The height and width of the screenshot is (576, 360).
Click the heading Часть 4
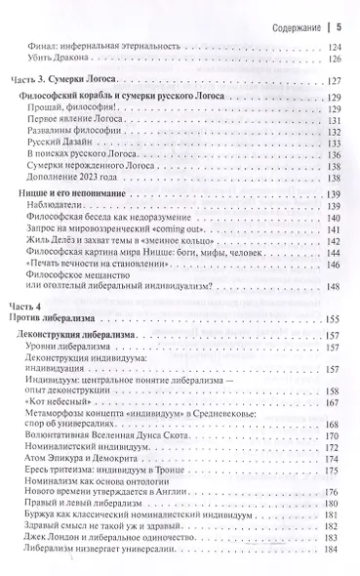coord(36,334)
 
